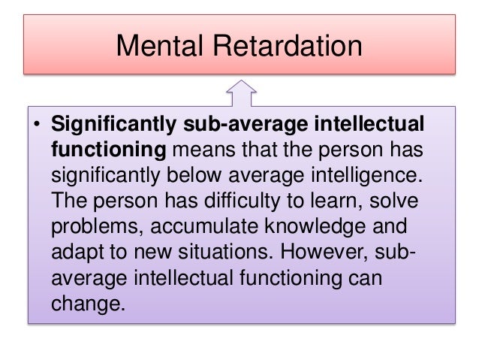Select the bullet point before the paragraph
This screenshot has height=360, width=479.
35,125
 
